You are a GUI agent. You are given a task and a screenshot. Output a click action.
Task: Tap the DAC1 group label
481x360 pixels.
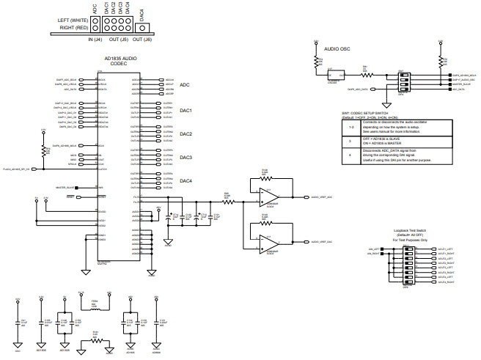[x=186, y=111]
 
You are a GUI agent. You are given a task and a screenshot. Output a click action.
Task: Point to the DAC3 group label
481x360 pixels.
[x=186, y=158]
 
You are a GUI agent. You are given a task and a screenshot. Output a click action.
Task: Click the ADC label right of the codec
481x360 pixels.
[x=186, y=85]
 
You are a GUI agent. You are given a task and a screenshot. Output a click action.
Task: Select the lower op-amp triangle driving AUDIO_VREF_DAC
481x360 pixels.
[x=266, y=241]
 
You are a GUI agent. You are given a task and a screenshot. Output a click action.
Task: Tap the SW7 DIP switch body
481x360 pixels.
[x=402, y=82]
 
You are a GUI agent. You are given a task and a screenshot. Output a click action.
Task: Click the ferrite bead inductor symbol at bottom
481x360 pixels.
[x=94, y=309]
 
